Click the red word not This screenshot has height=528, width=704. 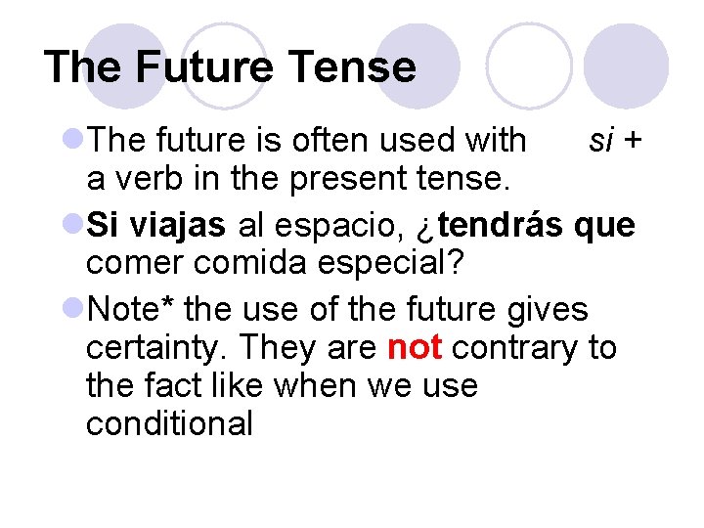[x=416, y=347]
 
